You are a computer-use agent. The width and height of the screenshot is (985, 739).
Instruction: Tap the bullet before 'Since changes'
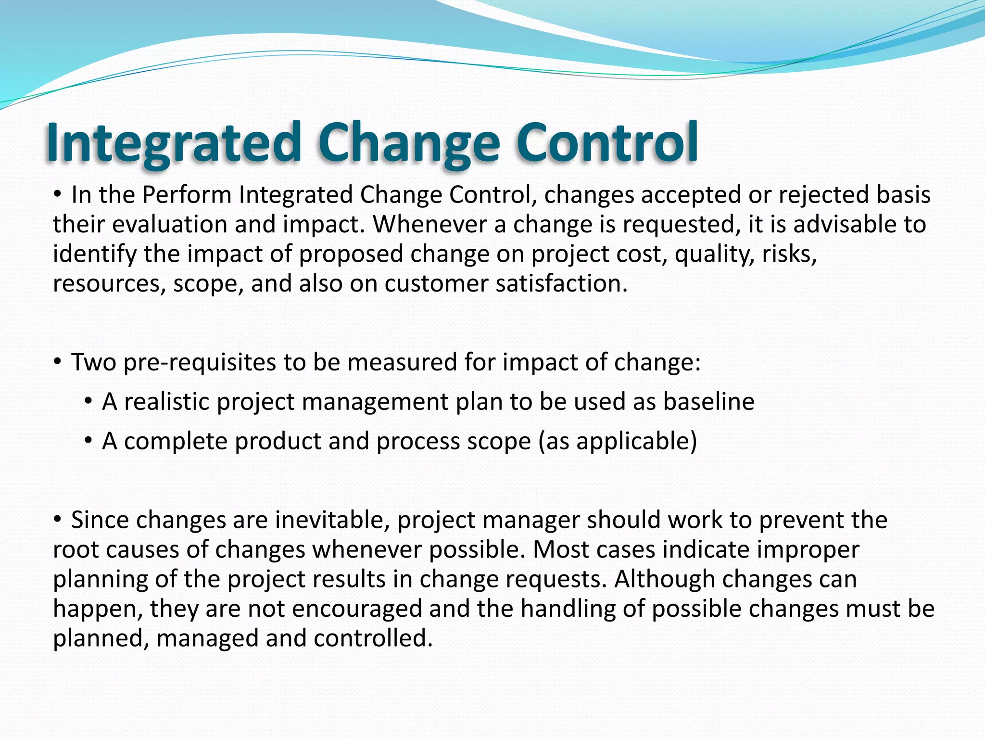click(57, 519)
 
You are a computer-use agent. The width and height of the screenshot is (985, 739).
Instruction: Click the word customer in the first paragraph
click(436, 283)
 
